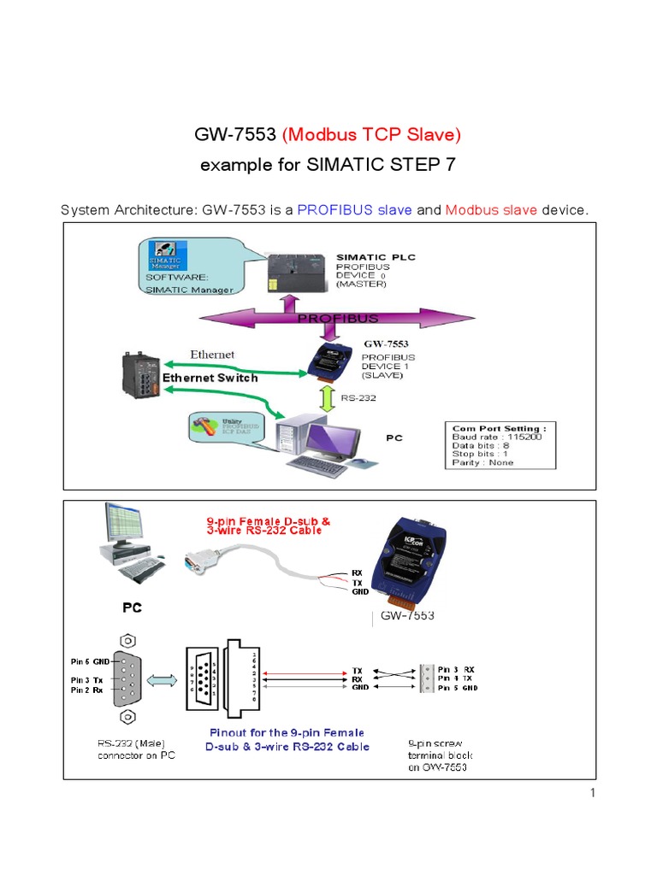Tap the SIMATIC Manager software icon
(x=166, y=255)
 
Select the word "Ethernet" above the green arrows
(x=211, y=354)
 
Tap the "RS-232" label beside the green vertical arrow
(x=358, y=396)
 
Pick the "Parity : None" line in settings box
(x=483, y=462)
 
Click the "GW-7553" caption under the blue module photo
(x=407, y=615)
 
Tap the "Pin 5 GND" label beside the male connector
(x=91, y=661)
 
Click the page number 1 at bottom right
(x=591, y=793)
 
